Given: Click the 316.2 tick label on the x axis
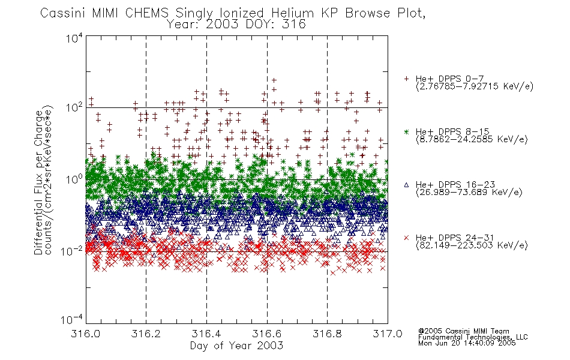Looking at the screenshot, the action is tap(146, 334).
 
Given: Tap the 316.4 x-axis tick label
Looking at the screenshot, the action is tap(206, 334).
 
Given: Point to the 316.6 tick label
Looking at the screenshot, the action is tap(267, 334).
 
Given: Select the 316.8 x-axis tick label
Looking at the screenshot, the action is tap(327, 334).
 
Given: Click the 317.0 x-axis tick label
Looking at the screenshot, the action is tap(388, 334).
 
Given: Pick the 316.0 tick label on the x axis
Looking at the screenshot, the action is tap(85, 334).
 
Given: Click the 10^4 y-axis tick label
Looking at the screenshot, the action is tap(74, 38).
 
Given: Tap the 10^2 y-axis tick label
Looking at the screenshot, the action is tap(74, 107).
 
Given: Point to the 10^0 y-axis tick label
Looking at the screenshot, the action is tap(74, 179).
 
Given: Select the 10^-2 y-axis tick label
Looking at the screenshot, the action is tap(72, 251).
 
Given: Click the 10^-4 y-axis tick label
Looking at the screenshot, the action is tap(72, 320).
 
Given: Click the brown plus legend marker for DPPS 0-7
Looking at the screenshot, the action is tap(406, 78).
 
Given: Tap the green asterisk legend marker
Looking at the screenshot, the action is tap(406, 132).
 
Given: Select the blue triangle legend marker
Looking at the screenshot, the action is tap(406, 185).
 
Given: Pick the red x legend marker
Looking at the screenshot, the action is tap(406, 238).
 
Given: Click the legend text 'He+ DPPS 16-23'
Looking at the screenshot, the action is tap(455, 185).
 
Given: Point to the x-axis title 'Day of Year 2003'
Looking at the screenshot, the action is tap(236, 346).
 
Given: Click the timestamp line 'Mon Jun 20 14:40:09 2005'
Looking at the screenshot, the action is tap(467, 343).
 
